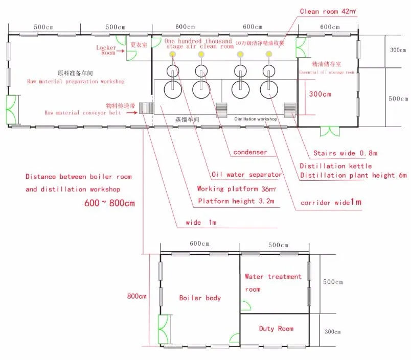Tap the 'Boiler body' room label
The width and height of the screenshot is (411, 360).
pos(200,298)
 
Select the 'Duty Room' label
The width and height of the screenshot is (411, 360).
pos(276,328)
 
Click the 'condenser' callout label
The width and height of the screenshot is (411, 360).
pos(250,152)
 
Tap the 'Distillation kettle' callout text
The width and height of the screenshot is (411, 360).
pos(336,166)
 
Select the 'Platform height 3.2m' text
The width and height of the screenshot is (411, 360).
pos(236,201)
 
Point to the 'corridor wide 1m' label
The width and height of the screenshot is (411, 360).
pos(331,203)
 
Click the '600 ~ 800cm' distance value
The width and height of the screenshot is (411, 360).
pos(109,203)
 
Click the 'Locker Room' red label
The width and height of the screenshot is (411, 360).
pos(106,50)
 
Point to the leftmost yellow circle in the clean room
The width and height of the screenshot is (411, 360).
pos(173,54)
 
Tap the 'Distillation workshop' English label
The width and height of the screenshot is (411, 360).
pos(256,119)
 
